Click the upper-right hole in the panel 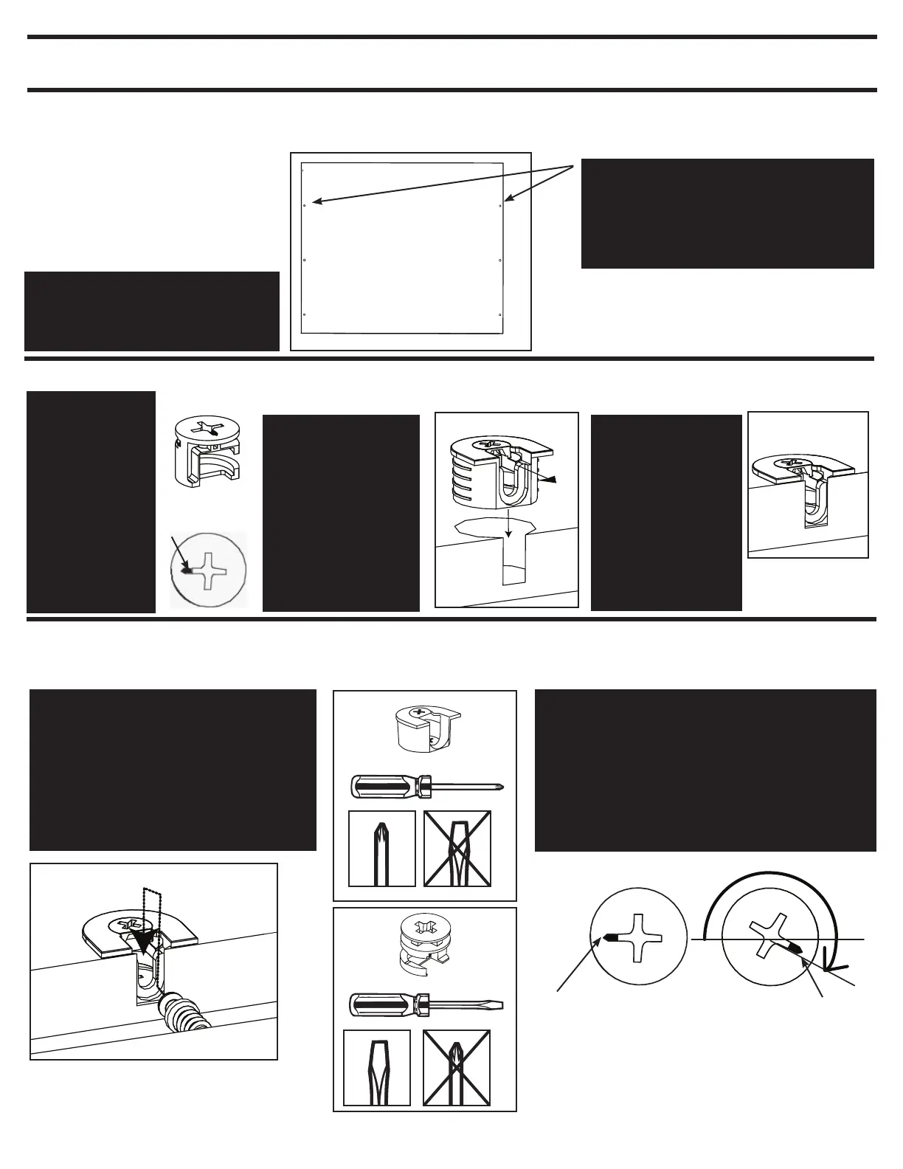[x=501, y=205]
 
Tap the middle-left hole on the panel [x=305, y=261]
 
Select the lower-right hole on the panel [x=501, y=315]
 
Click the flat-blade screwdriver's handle [x=381, y=1004]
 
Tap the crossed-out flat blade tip [x=457, y=849]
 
